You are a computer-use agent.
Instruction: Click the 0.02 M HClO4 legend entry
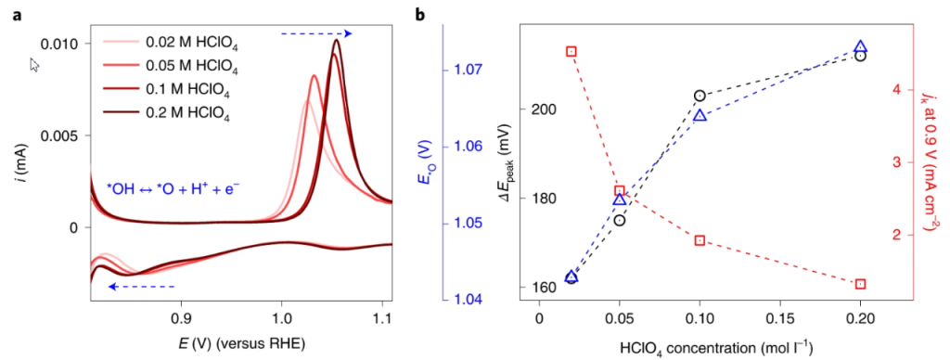[190, 42]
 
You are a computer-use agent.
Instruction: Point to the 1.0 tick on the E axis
[281, 316]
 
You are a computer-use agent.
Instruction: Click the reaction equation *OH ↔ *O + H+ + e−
[174, 186]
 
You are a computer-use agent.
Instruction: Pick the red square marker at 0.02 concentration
[571, 52]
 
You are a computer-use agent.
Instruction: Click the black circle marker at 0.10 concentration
[700, 96]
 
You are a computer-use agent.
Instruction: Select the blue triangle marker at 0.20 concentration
[860, 46]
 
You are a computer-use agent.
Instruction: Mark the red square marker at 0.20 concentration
[860, 284]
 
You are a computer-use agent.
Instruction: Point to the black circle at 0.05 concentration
[620, 220]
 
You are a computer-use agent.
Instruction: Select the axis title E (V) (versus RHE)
[240, 342]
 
